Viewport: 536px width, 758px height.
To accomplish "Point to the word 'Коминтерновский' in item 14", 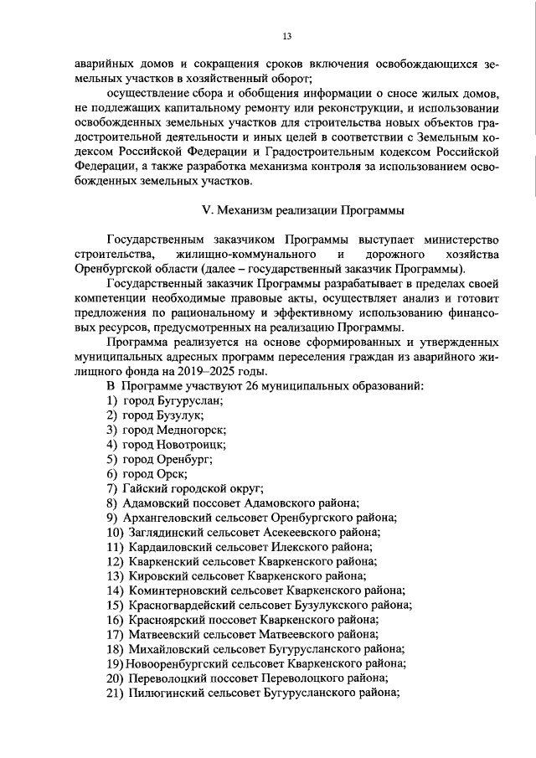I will pyautogui.click(x=174, y=590).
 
